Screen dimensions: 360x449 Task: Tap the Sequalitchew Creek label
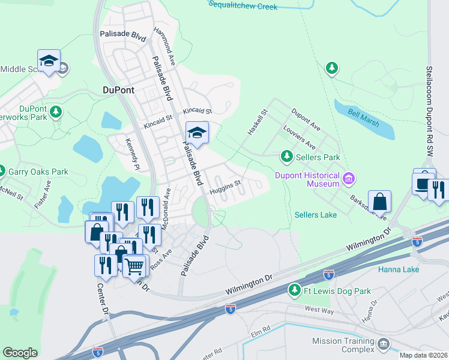coord(243,6)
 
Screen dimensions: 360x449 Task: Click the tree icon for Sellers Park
coord(287,157)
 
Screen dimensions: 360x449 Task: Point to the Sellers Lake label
coord(316,215)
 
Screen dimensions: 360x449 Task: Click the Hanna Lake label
coord(399,269)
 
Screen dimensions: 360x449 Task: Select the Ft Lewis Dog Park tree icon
coord(294,291)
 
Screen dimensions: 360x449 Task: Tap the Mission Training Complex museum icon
coord(382,345)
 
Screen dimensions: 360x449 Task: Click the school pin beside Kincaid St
coord(196,133)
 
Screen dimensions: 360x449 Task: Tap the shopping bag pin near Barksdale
coord(379,201)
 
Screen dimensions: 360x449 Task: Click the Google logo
coord(20,353)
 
